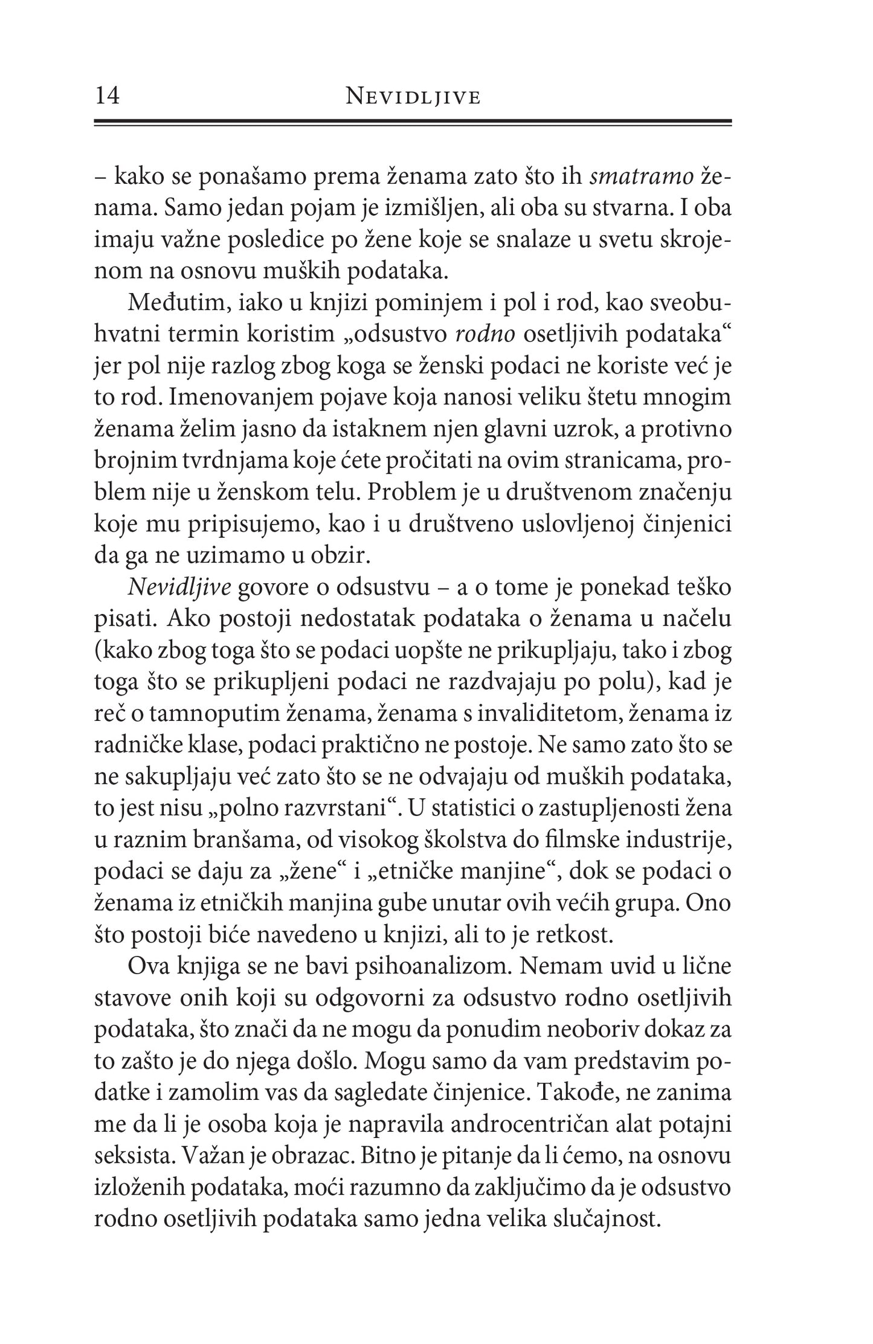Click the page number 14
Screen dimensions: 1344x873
point(108,96)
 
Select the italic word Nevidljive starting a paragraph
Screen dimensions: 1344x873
point(163,587)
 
